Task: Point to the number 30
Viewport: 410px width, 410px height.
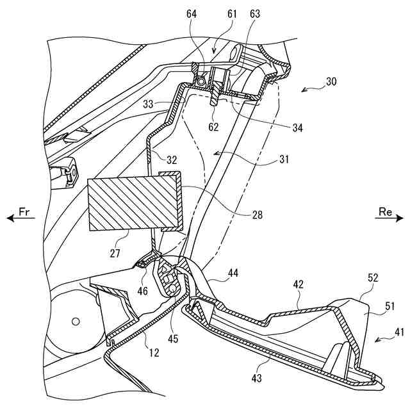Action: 331,82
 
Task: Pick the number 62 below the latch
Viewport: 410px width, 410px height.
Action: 213,127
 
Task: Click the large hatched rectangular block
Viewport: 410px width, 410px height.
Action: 133,203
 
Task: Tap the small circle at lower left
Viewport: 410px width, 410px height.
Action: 75,320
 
